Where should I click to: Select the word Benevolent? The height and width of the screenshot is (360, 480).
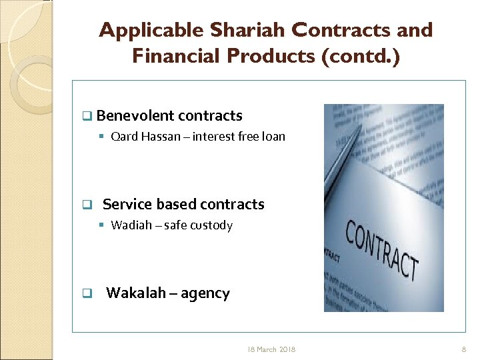135,115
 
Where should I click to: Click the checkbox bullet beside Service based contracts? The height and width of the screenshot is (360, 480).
86,205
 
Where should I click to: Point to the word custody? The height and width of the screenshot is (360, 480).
211,225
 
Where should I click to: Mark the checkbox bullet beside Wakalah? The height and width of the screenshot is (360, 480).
86,294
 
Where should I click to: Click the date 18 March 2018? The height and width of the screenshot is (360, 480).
271,349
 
